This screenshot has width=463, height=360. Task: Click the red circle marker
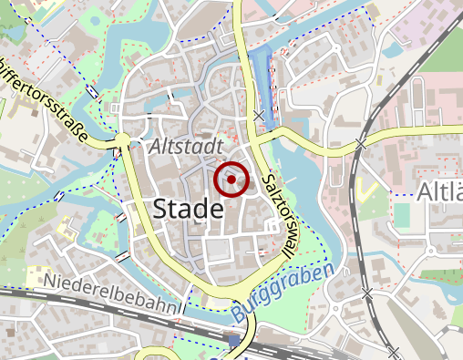coord(231,180)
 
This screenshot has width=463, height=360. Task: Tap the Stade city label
coord(188,209)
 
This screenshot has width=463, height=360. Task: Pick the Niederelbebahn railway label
coord(110,293)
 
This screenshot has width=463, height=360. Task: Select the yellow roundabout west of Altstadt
coord(121,139)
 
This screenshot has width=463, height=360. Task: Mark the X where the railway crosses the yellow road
coord(361,144)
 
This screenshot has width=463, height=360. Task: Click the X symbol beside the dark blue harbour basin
coord(261,116)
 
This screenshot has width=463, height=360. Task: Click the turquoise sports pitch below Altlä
coord(402,215)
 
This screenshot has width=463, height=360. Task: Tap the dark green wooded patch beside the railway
coord(447,73)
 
